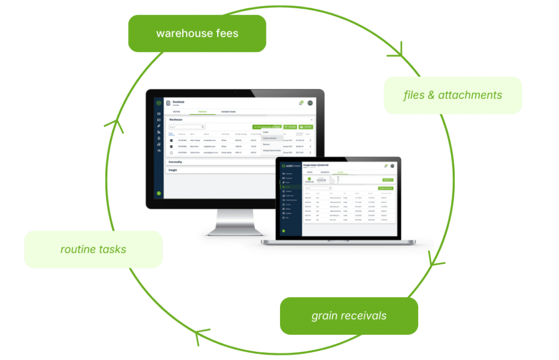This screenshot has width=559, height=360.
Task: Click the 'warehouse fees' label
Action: tap(197, 33)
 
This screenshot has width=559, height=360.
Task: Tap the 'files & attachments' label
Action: tap(453, 95)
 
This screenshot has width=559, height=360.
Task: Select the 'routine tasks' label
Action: tap(93, 250)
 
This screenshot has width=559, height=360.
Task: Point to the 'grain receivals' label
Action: tap(349, 316)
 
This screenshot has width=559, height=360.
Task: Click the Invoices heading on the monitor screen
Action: tap(179, 102)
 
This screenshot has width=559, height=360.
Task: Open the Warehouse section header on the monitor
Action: tap(176, 119)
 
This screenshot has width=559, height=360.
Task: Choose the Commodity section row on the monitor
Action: tap(176, 162)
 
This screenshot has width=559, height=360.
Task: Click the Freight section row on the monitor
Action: tap(173, 170)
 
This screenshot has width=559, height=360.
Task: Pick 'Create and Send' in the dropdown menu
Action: tap(270, 138)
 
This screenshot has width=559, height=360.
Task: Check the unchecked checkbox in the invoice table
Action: tap(171, 152)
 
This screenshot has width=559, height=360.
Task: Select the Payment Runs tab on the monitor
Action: tap(228, 111)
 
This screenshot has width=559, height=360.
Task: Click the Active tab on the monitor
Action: tap(176, 111)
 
